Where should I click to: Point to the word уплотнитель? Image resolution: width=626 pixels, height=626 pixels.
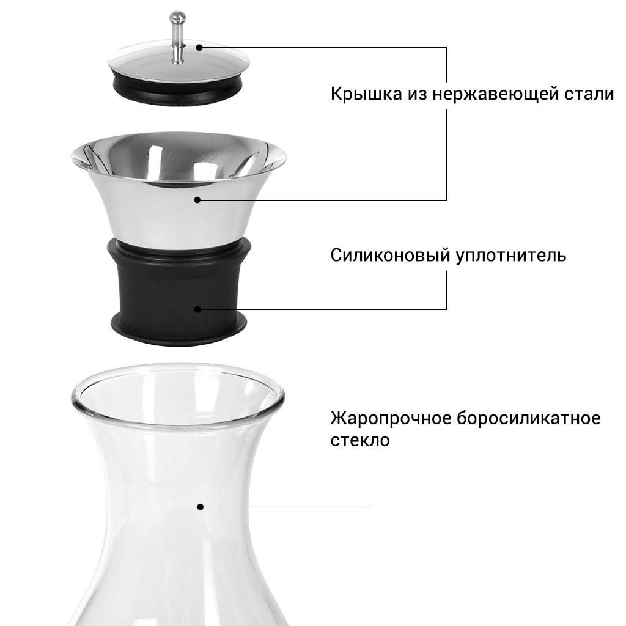point(511,255)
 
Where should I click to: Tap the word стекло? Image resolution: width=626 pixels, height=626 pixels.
point(359,441)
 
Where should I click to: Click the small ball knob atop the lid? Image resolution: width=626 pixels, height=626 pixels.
point(177,17)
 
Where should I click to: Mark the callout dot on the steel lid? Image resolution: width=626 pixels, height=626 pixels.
point(198,46)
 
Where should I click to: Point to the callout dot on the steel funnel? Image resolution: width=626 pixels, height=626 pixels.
point(197,200)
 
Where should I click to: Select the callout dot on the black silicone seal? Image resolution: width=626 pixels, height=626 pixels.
point(197,309)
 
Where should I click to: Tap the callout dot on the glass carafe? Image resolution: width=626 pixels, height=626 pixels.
point(200,507)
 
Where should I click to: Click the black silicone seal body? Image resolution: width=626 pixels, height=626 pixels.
point(153,287)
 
